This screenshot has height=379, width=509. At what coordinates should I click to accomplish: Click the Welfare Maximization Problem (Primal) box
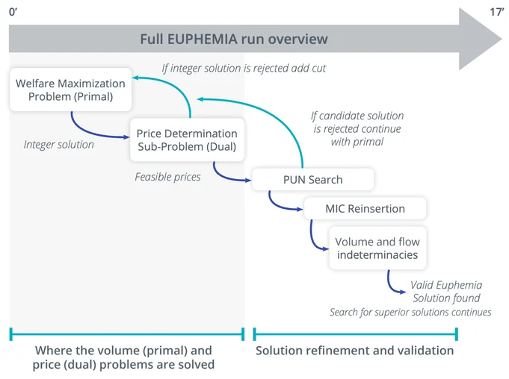click(x=70, y=90)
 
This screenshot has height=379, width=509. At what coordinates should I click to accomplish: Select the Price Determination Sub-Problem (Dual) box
click(x=186, y=140)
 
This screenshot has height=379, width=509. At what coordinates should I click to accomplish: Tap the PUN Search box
click(x=312, y=180)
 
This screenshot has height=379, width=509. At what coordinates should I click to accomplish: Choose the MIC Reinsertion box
click(x=365, y=208)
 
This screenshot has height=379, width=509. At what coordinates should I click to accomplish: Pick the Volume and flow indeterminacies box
click(x=377, y=248)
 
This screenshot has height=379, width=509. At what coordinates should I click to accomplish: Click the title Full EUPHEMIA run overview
click(x=233, y=40)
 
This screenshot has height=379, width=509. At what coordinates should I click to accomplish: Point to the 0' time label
click(x=13, y=12)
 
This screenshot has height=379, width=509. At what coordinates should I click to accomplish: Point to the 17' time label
click(x=496, y=12)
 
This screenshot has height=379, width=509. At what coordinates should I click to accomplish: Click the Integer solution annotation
click(x=58, y=145)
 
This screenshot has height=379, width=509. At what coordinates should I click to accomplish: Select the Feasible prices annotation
click(x=167, y=177)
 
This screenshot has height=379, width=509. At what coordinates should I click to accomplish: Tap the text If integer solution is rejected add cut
click(x=244, y=68)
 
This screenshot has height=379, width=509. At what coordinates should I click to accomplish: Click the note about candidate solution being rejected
click(x=357, y=128)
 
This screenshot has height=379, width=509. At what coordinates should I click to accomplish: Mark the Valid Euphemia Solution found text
click(x=446, y=292)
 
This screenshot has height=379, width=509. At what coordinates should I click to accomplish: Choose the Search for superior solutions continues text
click(x=410, y=312)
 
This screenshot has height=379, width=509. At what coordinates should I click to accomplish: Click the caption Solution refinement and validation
click(x=354, y=350)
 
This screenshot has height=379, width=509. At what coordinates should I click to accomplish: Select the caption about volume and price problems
click(x=123, y=357)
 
